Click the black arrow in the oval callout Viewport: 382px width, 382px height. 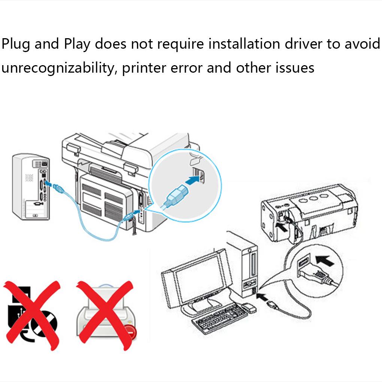pyautogui.click(x=324, y=260)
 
